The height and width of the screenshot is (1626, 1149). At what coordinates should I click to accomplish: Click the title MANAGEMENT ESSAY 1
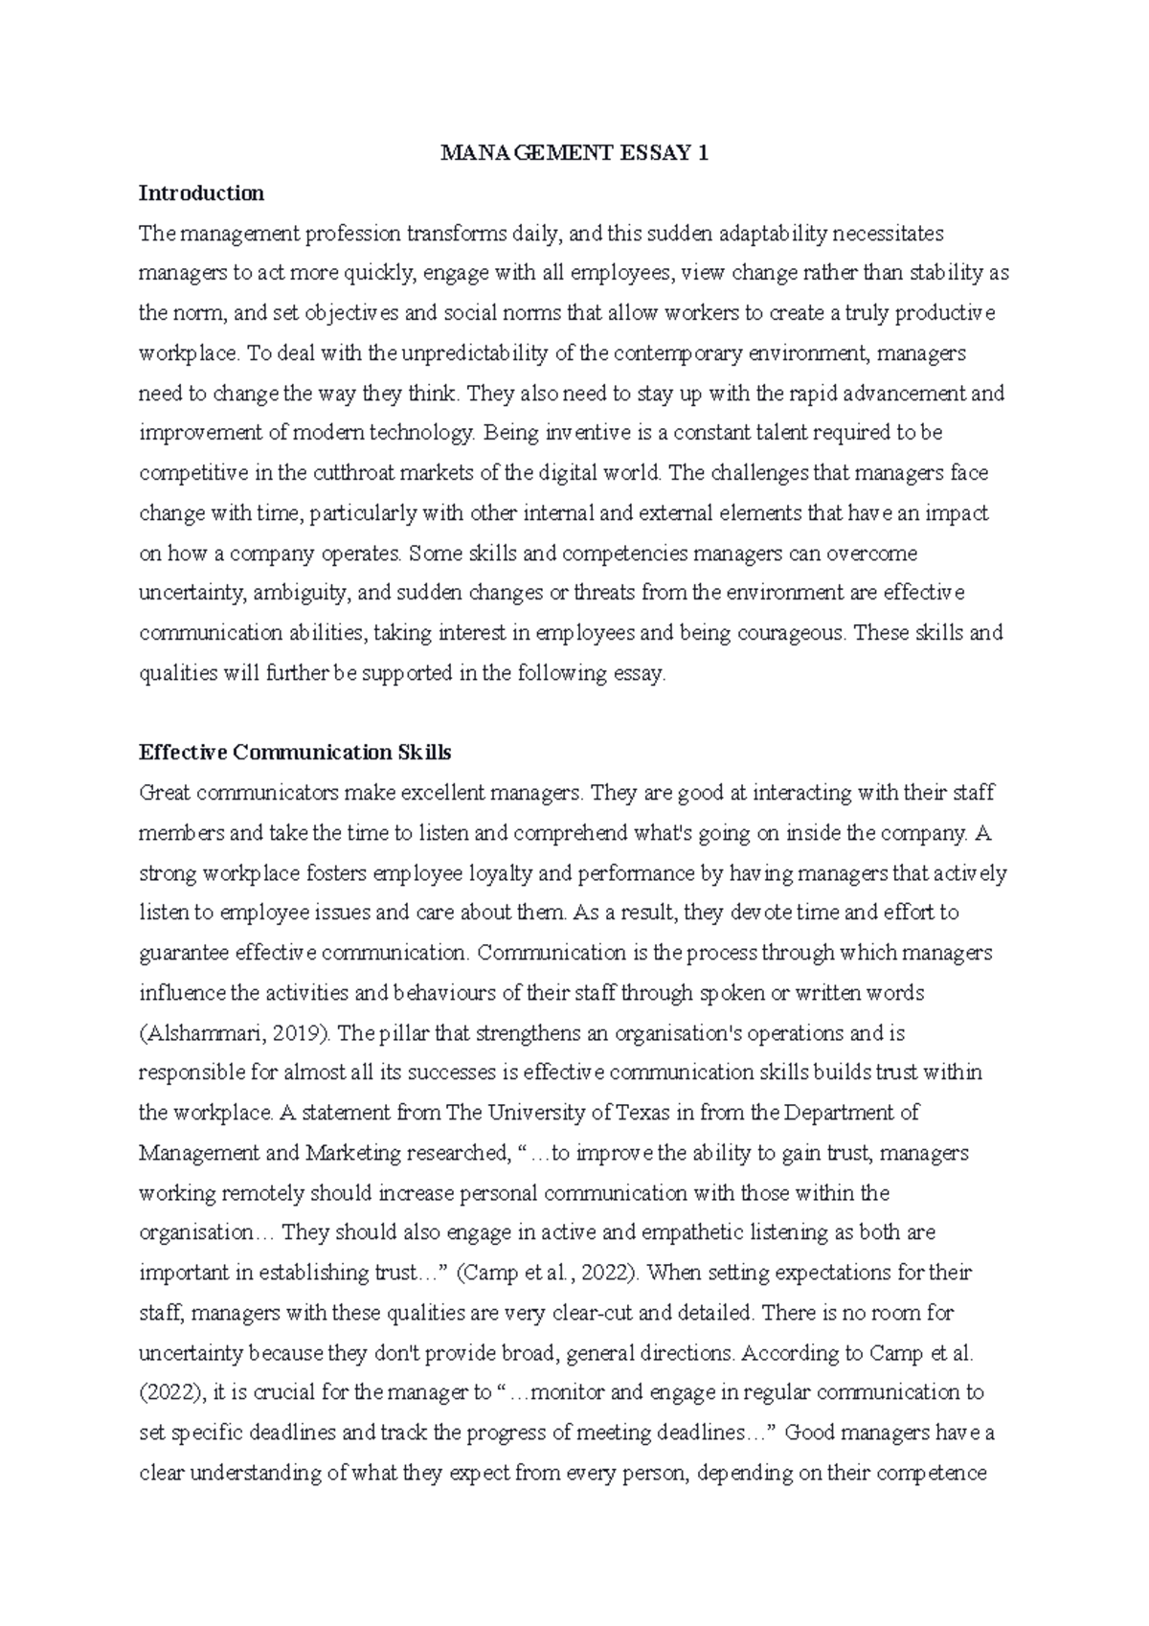(x=574, y=153)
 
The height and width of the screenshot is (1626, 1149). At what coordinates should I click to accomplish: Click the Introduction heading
(x=201, y=193)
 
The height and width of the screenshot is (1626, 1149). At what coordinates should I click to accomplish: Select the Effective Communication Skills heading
(x=295, y=753)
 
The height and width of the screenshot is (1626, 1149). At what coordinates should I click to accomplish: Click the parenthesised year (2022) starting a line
(x=167, y=1393)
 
